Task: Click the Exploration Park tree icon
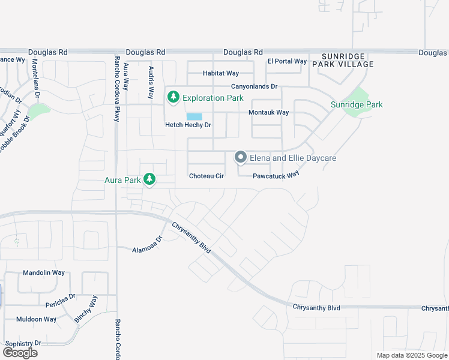click(x=173, y=97)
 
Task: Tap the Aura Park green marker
click(x=149, y=179)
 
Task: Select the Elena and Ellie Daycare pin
click(x=241, y=157)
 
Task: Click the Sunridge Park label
click(x=357, y=104)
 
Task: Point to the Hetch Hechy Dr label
click(x=189, y=125)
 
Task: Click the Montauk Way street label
click(x=269, y=112)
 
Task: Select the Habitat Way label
click(x=221, y=73)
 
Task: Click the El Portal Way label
click(x=287, y=61)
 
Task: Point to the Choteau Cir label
click(x=206, y=176)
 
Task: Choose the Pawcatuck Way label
click(x=276, y=175)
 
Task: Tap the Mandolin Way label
click(x=43, y=272)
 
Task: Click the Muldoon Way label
click(x=36, y=319)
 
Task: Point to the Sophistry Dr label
click(x=22, y=343)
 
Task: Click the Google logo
click(x=20, y=353)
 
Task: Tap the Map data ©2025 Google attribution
click(x=412, y=355)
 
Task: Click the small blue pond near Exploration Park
click(x=194, y=117)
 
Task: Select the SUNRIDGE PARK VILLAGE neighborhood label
click(x=343, y=59)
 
